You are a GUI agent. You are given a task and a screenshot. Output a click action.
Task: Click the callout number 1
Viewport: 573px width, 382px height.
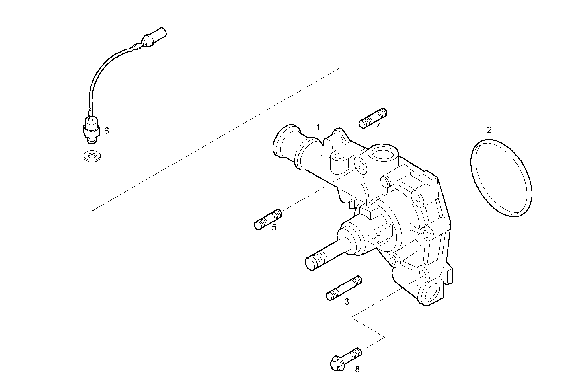(318, 127)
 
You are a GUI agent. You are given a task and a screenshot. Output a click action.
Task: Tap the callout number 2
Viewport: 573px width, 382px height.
(489, 130)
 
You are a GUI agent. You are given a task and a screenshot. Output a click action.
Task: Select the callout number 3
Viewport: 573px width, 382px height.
(347, 301)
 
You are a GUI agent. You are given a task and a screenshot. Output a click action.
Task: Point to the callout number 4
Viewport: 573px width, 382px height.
(379, 126)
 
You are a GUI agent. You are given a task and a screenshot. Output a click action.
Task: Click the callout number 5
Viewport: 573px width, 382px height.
(274, 227)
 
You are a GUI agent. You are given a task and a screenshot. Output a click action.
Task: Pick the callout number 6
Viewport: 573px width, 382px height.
(106, 131)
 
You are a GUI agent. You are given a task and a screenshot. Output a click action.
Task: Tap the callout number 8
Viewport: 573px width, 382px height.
(357, 369)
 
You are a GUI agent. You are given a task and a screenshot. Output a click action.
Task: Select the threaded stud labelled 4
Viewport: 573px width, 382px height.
(373, 118)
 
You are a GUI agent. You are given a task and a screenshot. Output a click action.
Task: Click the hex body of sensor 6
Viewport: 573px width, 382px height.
(90, 129)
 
